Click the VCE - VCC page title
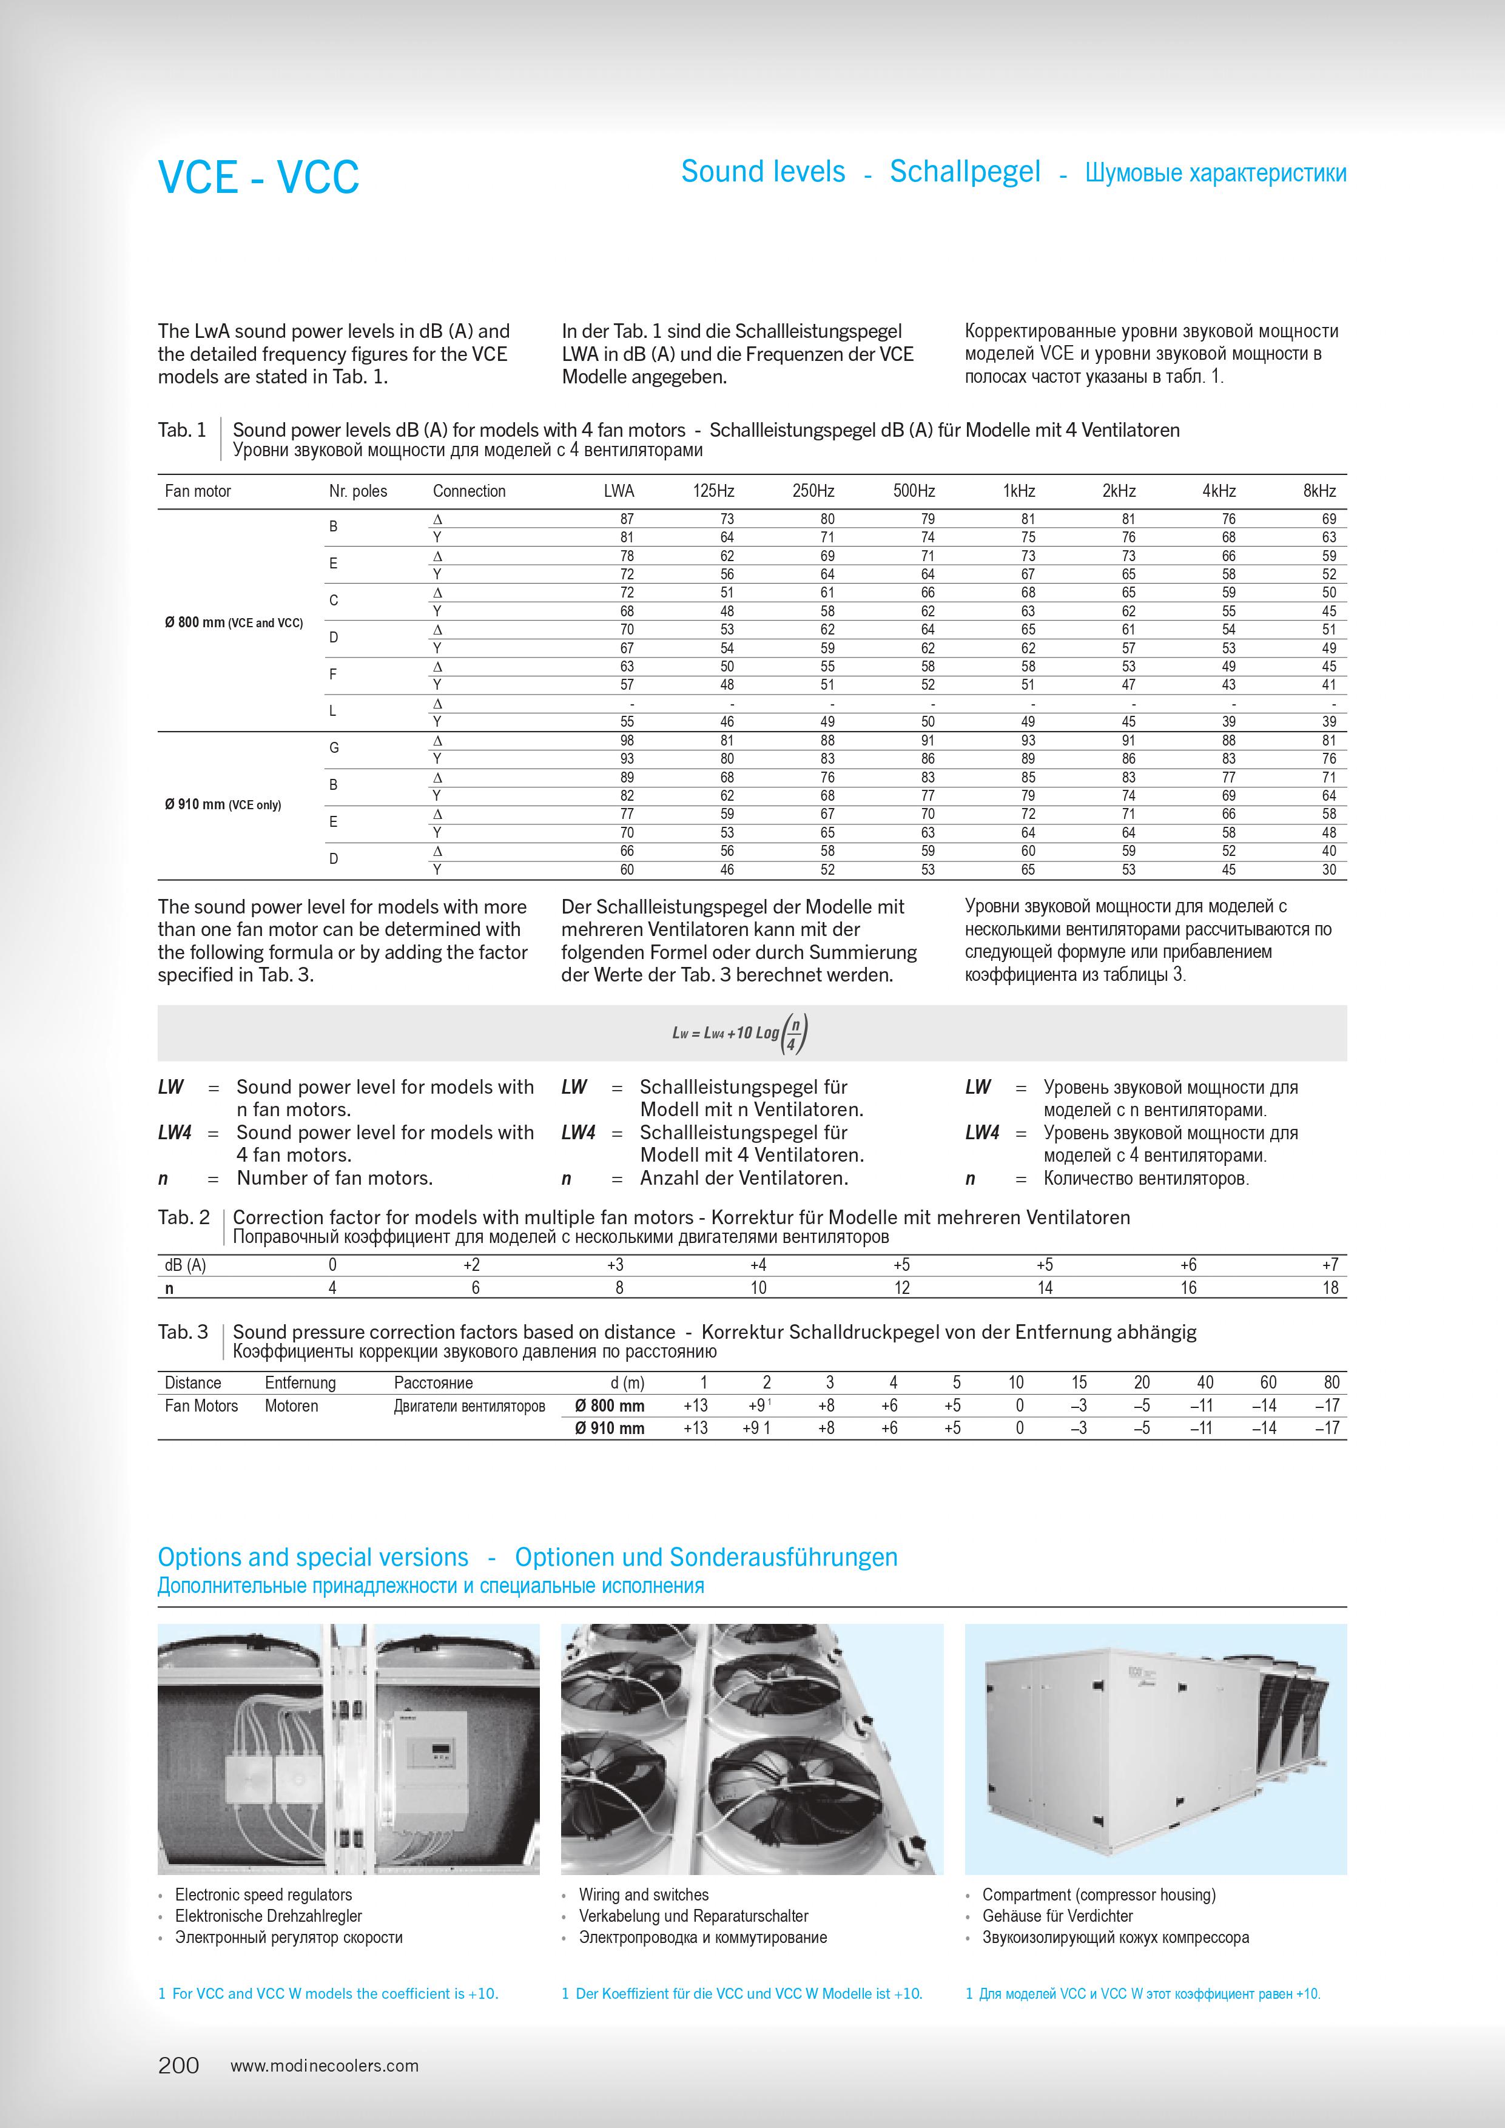258,177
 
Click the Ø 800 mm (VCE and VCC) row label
234,623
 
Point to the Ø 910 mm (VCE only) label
223,804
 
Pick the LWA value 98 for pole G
627,741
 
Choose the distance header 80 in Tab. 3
1331,1383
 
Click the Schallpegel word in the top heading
965,172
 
